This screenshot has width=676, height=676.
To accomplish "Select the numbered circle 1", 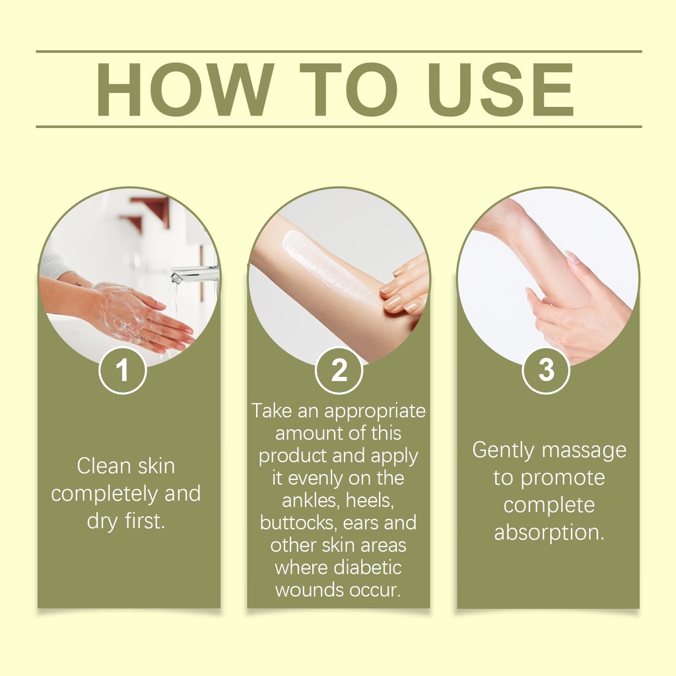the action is [122, 370].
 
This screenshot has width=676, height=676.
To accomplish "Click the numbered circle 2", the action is [339, 370].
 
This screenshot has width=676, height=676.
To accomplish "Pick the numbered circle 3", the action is [546, 370].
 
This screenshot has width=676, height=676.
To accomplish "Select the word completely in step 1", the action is [105, 494].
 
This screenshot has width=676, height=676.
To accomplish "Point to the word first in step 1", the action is [145, 521].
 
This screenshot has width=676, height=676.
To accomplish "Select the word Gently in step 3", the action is [503, 451].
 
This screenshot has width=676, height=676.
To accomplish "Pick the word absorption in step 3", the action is [549, 533].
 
